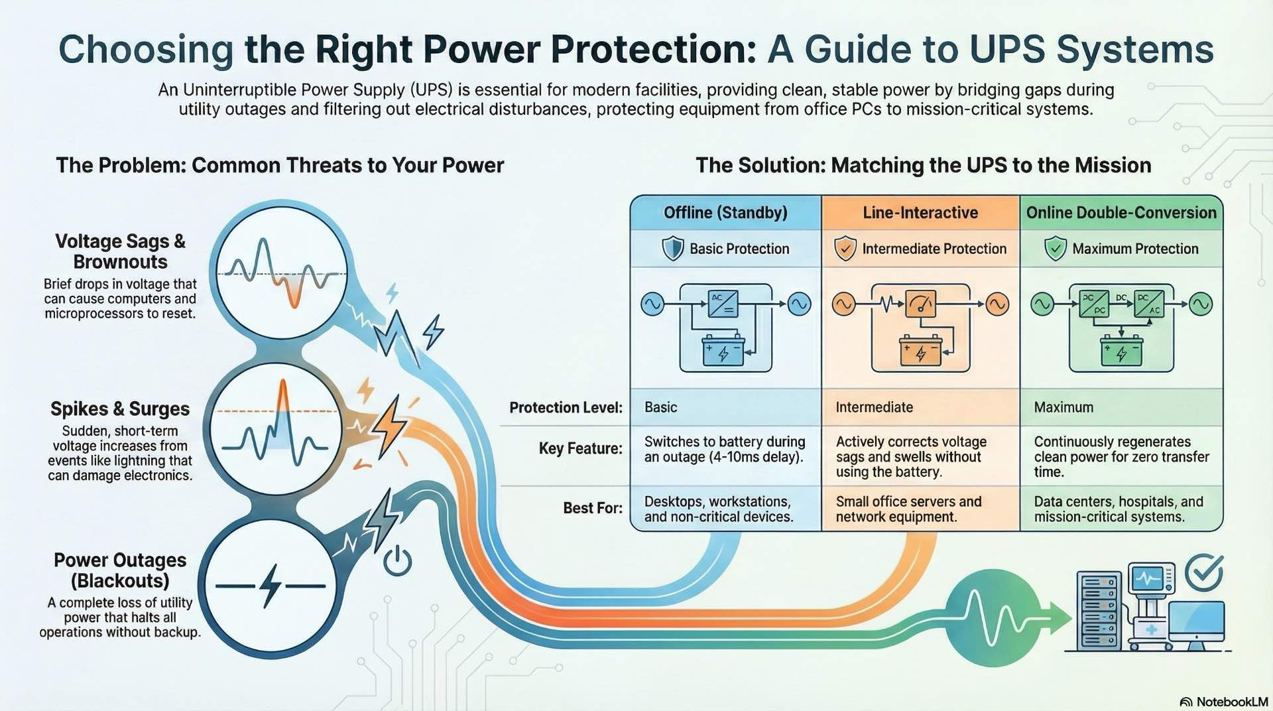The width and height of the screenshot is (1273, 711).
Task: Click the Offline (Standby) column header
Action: tap(725, 213)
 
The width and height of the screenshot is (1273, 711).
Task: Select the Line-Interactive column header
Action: tap(920, 213)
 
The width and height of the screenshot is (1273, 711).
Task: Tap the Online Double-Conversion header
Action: tap(1121, 213)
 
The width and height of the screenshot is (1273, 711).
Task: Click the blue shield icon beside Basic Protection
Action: tap(673, 249)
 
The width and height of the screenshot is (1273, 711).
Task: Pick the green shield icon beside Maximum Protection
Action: tap(1055, 249)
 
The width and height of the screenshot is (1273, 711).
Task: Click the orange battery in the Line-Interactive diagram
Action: tap(920, 351)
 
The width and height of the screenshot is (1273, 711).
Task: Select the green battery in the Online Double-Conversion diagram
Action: tap(1121, 351)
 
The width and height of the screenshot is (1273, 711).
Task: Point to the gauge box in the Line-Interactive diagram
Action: tap(920, 304)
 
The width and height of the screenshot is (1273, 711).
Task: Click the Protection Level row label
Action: tap(566, 407)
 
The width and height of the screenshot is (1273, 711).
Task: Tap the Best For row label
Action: tap(592, 508)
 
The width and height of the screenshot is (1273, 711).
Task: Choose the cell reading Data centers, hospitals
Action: tap(1119, 509)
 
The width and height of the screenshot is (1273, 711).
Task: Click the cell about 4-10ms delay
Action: tap(724, 449)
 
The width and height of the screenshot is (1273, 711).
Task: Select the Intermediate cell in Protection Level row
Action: tap(874, 407)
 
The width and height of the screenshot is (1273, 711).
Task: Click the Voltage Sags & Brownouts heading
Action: tap(120, 251)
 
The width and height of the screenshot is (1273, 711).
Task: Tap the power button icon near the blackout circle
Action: tap(397, 562)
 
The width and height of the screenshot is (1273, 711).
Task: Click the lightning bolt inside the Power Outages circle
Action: tap(270, 586)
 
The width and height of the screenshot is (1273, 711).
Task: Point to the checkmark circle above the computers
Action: tap(1203, 573)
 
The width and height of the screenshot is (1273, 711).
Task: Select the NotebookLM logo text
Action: tap(1231, 702)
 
